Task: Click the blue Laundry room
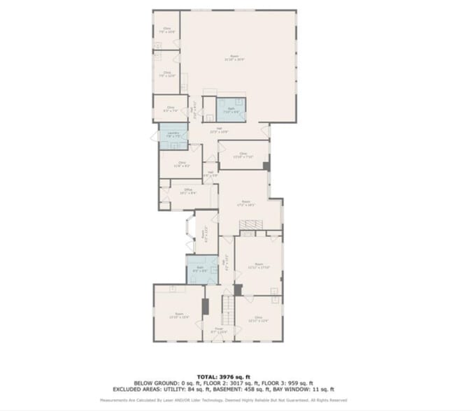click(172, 136)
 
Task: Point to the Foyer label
click(219, 331)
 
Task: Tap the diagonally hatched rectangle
click(251, 224)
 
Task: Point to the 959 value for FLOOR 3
click(299, 383)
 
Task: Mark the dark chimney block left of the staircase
click(205, 306)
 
